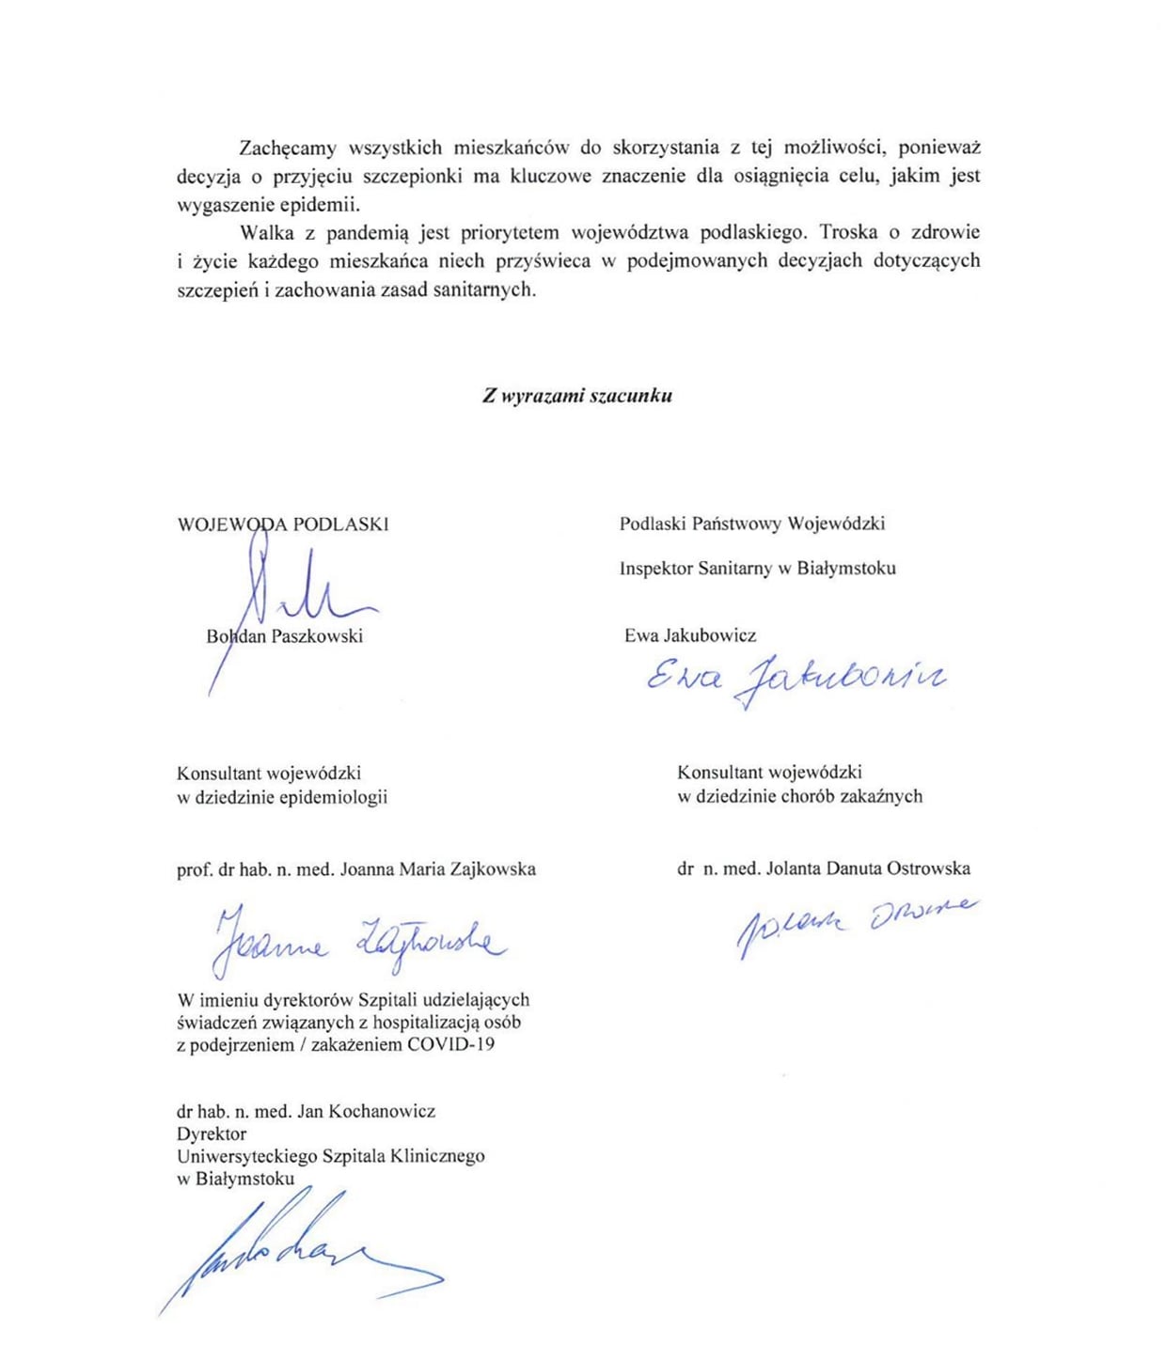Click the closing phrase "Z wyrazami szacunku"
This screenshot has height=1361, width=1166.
pos(577,396)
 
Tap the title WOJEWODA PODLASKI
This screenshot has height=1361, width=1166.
pos(283,524)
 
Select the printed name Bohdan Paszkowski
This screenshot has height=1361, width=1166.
pos(284,636)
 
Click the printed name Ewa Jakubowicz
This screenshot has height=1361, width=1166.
pos(690,635)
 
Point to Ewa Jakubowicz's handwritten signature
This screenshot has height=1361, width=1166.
pos(795,679)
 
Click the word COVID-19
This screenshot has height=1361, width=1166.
pos(451,1044)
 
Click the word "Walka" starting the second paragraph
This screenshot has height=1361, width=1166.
pos(266,232)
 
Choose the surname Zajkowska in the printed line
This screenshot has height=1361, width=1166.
pos(486,868)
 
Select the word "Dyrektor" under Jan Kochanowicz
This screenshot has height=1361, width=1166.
pos(212,1134)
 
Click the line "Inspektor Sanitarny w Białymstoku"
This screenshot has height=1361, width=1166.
pos(757,568)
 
